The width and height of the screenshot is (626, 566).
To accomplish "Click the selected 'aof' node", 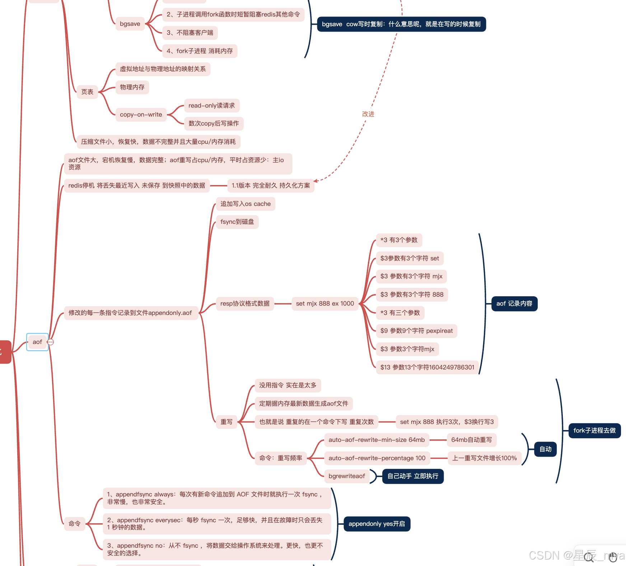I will [x=37, y=342].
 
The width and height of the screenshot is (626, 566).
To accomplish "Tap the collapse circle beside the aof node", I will [x=51, y=342].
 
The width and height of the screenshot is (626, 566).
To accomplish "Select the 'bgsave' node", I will [x=130, y=24].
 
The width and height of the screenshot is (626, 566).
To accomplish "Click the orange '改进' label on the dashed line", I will [x=368, y=114].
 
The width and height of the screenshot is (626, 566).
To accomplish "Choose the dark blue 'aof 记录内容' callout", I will [x=514, y=303].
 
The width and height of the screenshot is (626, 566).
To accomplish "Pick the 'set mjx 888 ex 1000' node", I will [x=325, y=303].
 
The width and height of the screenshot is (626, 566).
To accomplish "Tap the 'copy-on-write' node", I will [x=141, y=114].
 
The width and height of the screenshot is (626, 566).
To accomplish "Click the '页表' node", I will [x=87, y=92].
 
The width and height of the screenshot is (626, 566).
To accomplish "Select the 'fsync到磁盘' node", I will [x=237, y=222].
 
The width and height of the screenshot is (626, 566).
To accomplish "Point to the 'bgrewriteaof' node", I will [x=346, y=476].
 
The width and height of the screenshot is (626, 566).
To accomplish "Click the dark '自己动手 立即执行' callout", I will [x=413, y=476].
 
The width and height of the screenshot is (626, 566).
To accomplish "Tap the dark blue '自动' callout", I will [x=545, y=449].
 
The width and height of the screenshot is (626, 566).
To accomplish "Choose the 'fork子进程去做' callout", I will [x=594, y=430].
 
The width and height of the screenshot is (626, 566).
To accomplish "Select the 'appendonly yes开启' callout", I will [x=377, y=524].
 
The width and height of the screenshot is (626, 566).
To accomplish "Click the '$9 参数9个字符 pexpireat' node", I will [x=416, y=331].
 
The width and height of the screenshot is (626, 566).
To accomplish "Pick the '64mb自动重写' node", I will [x=471, y=440].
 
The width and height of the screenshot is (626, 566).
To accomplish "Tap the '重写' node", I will [x=226, y=422].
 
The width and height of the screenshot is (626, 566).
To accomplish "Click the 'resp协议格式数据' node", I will [x=245, y=303].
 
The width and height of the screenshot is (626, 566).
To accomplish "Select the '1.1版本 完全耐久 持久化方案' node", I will [x=271, y=185].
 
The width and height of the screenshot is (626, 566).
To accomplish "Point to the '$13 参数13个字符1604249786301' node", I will [x=427, y=367].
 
